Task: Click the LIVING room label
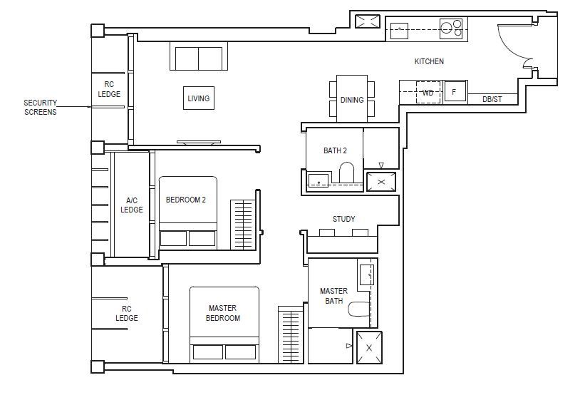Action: click(x=199, y=98)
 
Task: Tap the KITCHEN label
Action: click(x=429, y=62)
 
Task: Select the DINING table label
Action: click(x=352, y=100)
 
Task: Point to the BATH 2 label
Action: click(x=335, y=150)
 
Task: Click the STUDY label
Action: click(x=343, y=219)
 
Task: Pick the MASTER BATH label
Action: click(x=333, y=296)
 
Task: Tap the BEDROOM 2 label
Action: click(x=186, y=200)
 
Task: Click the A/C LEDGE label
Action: click(x=132, y=205)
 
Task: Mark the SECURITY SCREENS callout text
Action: click(x=40, y=107)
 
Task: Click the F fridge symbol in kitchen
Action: click(x=454, y=92)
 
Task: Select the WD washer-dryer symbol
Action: click(x=428, y=93)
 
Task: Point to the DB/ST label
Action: click(x=492, y=99)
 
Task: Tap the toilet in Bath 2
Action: click(x=348, y=174)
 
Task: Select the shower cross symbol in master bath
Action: click(x=369, y=347)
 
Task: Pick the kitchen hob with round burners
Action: click(x=452, y=29)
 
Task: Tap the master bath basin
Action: click(x=368, y=274)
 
